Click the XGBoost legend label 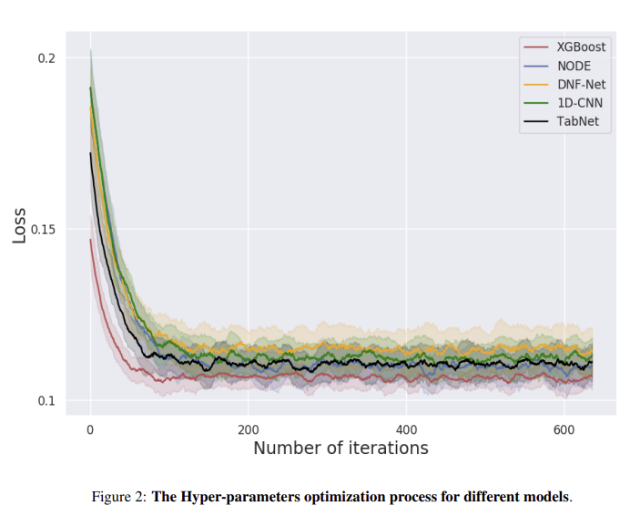click(x=580, y=46)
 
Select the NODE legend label click(x=574, y=66)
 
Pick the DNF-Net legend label click(x=580, y=84)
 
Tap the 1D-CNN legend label click(x=579, y=103)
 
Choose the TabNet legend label click(x=577, y=121)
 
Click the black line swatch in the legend click(x=537, y=121)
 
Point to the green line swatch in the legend click(x=537, y=103)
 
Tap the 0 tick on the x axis click(x=90, y=428)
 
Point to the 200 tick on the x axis click(x=248, y=428)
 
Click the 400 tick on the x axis click(x=406, y=428)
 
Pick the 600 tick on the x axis click(x=564, y=428)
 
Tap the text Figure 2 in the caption click(x=117, y=497)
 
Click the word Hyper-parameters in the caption click(x=229, y=497)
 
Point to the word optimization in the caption click(x=325, y=497)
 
